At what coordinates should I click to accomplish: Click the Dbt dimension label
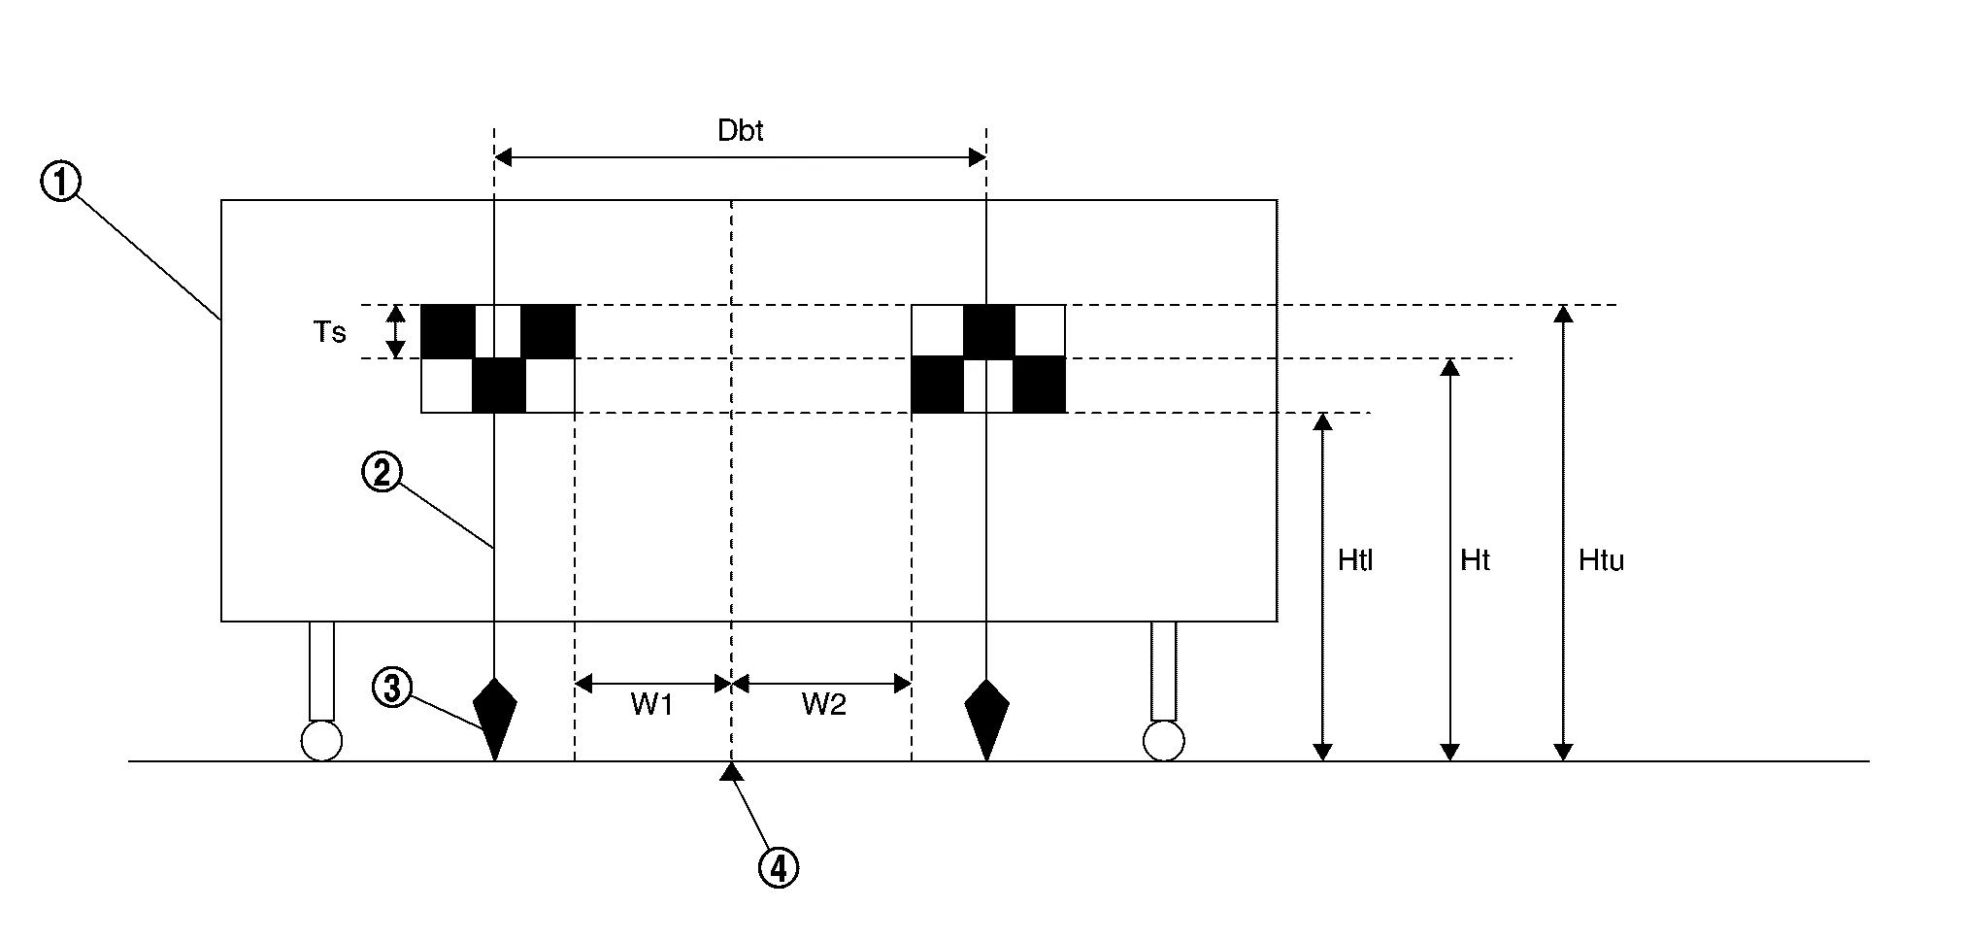[740, 131]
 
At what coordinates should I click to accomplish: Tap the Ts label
[330, 332]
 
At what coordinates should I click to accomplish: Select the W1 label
[651, 705]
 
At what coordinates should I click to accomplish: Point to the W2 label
[823, 705]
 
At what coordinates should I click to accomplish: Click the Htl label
[1355, 560]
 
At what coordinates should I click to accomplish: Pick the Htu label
[1601, 560]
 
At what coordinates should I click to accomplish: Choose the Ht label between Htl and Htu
[1475, 560]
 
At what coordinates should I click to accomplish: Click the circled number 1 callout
[60, 182]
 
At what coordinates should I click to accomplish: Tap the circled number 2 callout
[382, 473]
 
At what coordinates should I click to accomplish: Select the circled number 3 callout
[392, 689]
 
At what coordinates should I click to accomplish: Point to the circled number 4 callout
[778, 867]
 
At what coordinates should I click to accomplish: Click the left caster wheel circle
[321, 741]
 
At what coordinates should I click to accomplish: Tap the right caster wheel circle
[1163, 741]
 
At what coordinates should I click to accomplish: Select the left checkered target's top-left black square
[448, 331]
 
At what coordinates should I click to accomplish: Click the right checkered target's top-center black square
[988, 331]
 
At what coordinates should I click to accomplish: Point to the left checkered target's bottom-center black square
[498, 386]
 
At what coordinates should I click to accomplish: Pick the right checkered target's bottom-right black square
[1040, 386]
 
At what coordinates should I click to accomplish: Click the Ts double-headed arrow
[396, 331]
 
